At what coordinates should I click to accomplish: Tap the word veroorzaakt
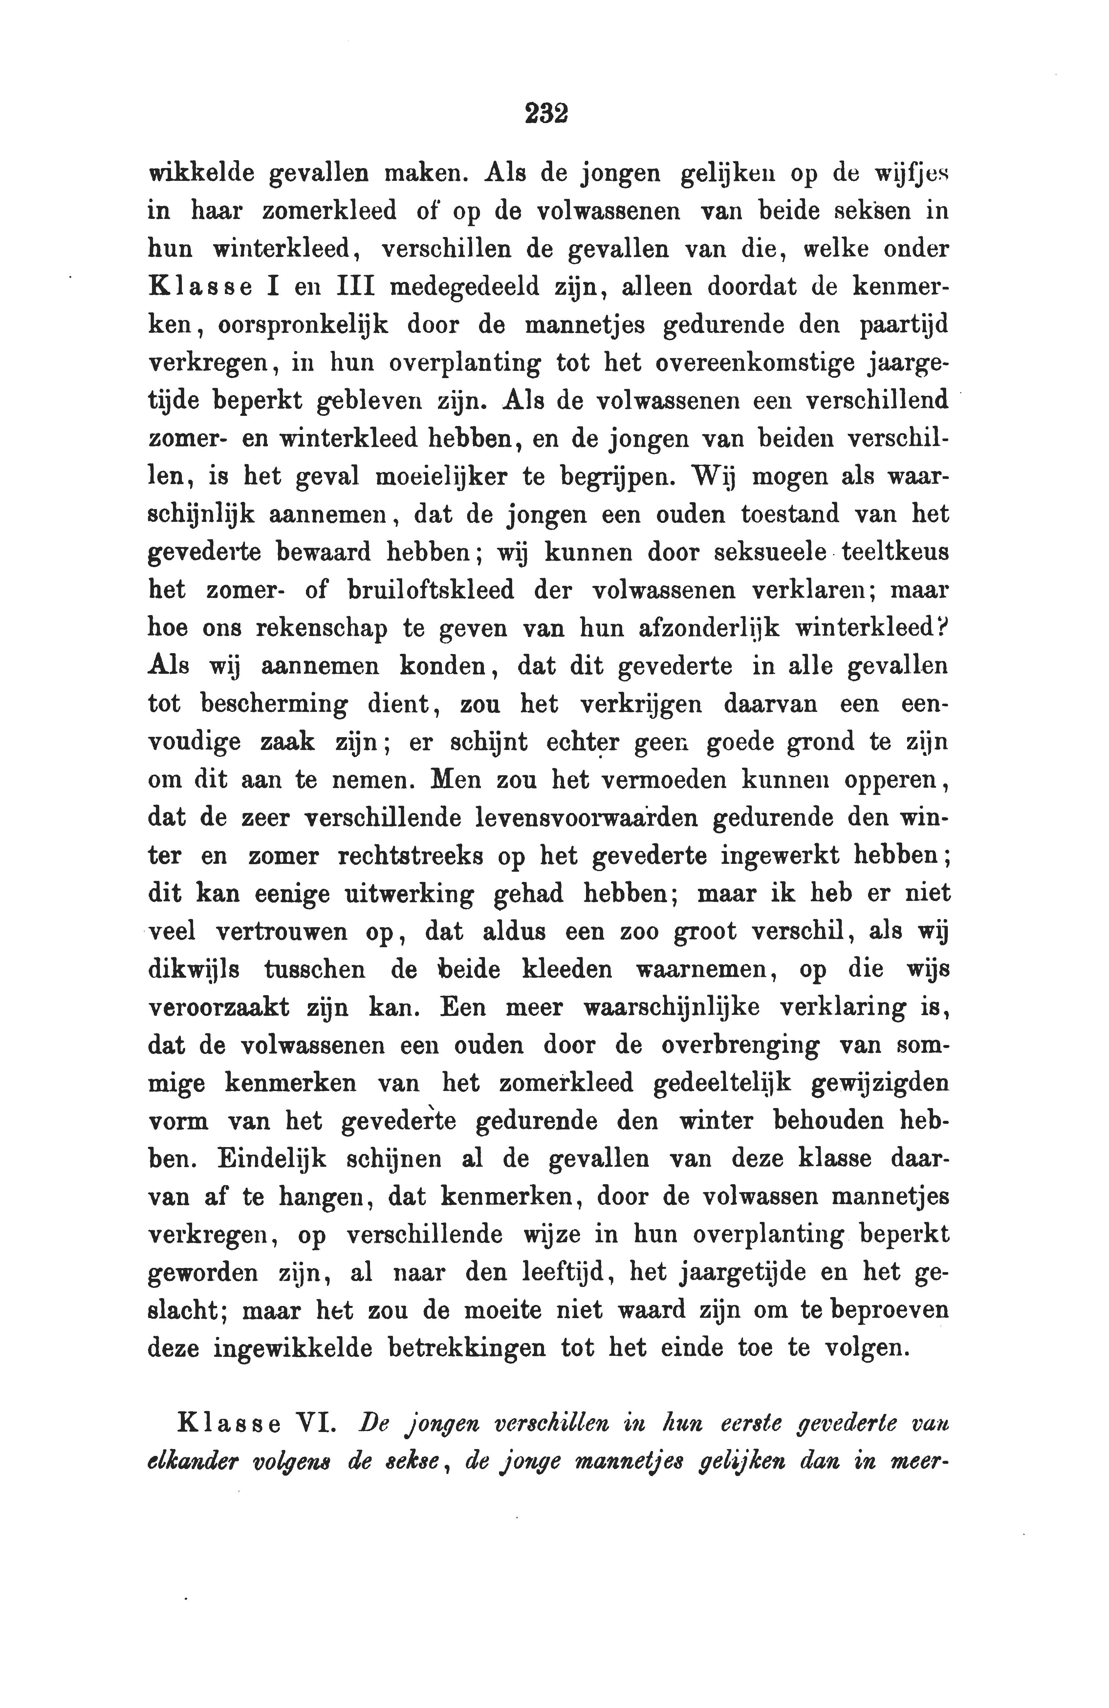(218, 1008)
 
